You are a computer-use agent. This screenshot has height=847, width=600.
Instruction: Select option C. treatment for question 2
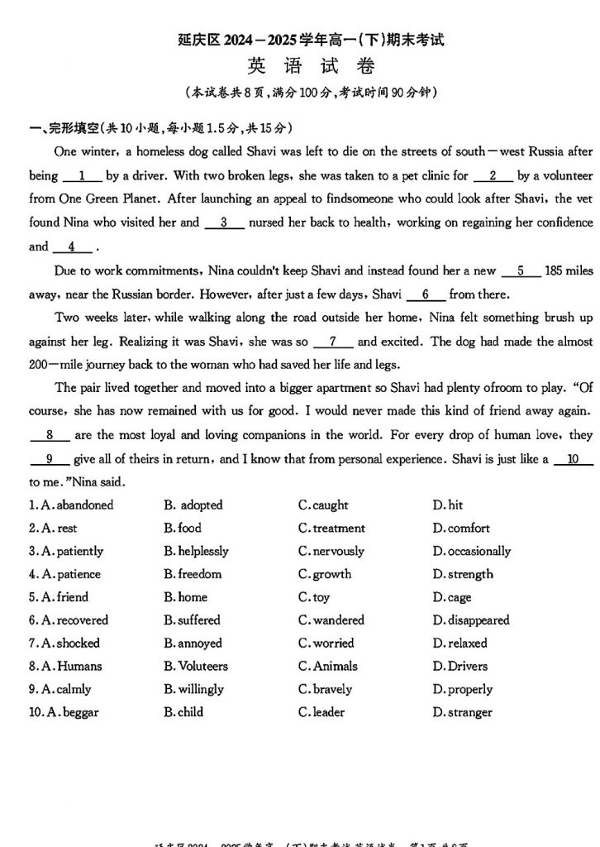click(x=331, y=528)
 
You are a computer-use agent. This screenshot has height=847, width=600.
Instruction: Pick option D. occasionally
click(x=471, y=551)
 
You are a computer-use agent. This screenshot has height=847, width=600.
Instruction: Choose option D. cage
click(x=452, y=597)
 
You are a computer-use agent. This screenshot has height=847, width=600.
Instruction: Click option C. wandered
click(x=331, y=620)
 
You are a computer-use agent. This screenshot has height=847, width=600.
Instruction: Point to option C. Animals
click(x=328, y=666)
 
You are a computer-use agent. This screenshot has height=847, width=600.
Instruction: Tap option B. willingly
click(x=193, y=689)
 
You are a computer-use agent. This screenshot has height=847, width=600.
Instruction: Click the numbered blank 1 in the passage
click(x=81, y=175)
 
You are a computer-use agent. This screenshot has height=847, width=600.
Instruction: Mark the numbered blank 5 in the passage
click(x=521, y=270)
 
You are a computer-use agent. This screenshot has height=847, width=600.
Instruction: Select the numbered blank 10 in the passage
click(x=574, y=459)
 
